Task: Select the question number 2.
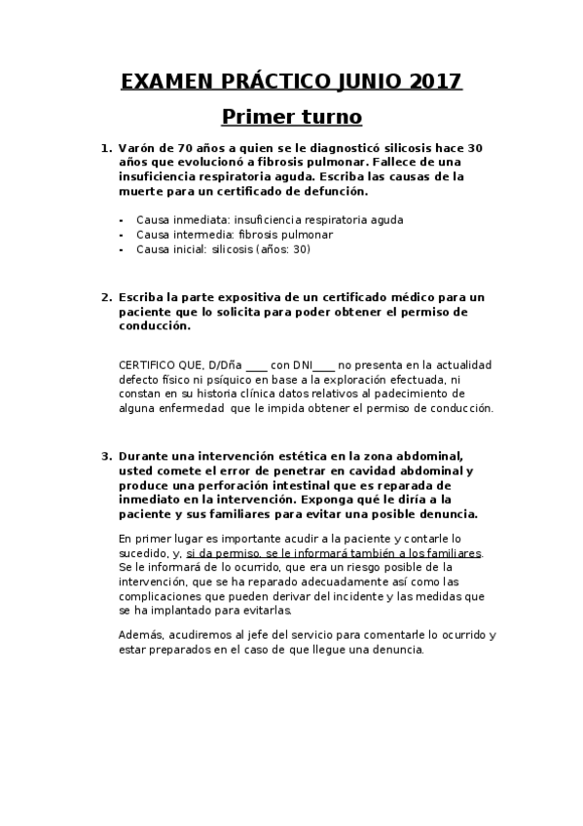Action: click(106, 296)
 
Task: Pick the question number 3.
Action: click(106, 455)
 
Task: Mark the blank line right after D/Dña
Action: click(257, 366)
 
